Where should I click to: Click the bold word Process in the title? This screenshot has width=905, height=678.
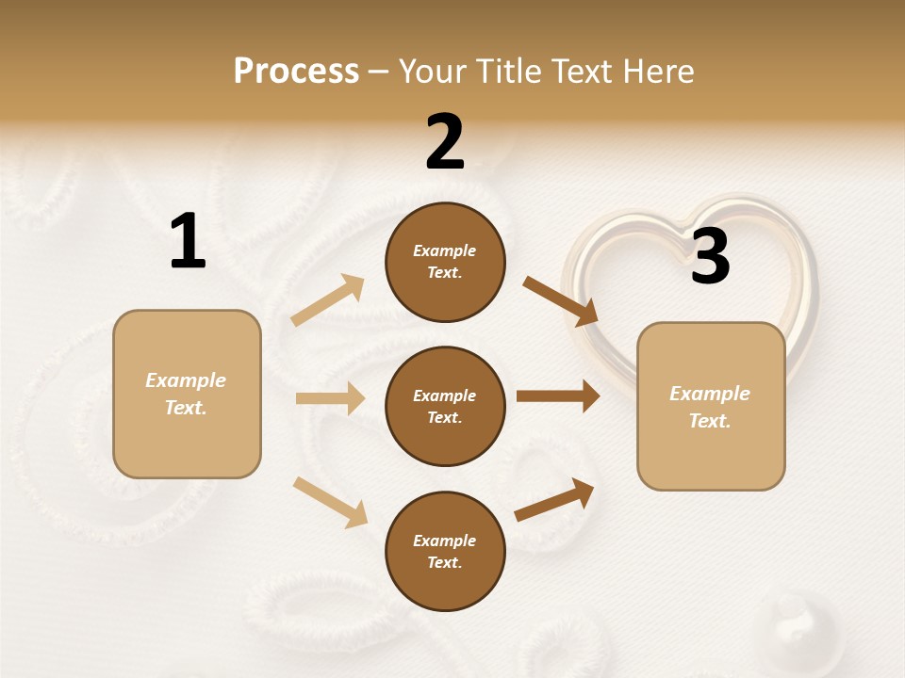click(x=296, y=72)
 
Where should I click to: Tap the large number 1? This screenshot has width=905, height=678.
click(x=188, y=241)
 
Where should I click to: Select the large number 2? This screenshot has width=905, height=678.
click(x=445, y=141)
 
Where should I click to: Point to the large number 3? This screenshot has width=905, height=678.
click(x=710, y=256)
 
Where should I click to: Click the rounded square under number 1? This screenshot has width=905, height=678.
click(x=187, y=394)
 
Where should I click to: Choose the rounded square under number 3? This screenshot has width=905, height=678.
click(x=711, y=406)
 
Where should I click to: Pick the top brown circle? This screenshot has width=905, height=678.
click(x=445, y=262)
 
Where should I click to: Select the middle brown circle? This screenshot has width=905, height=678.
click(x=445, y=406)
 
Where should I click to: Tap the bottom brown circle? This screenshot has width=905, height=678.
click(x=445, y=551)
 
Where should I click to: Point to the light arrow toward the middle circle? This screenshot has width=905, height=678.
click(x=330, y=398)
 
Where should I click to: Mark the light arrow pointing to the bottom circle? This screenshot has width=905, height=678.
click(x=330, y=501)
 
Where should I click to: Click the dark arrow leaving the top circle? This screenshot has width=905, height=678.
click(x=560, y=301)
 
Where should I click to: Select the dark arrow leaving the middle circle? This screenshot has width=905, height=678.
click(x=557, y=395)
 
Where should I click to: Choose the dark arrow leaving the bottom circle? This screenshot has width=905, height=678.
click(x=554, y=500)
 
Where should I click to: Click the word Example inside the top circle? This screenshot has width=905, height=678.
click(x=445, y=250)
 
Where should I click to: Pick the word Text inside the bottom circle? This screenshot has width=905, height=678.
click(x=443, y=562)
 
